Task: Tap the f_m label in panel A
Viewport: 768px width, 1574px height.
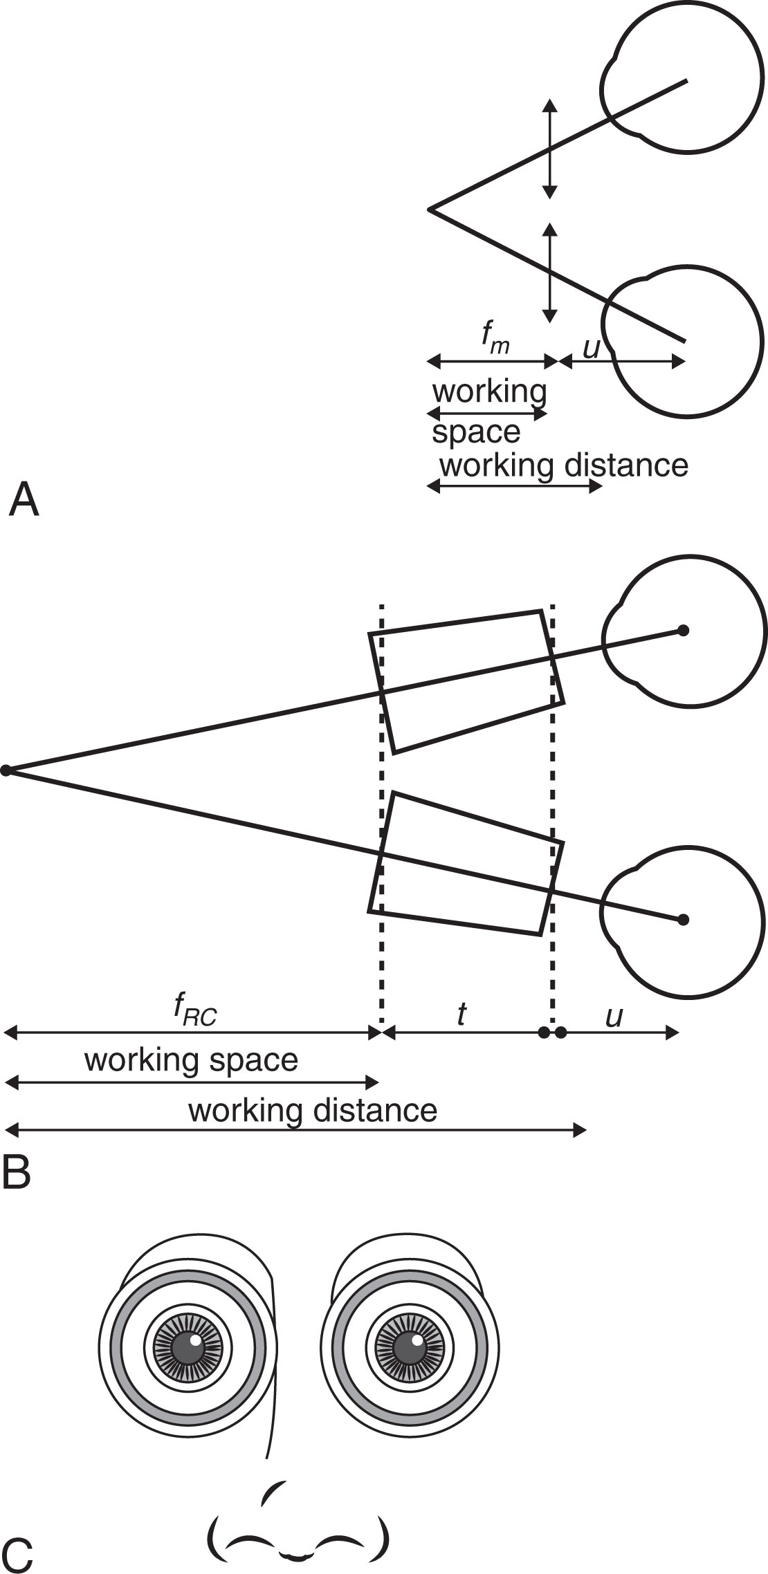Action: pos(495,338)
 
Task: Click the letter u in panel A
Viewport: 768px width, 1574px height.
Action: pos(592,348)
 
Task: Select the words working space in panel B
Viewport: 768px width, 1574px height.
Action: pos(191,1059)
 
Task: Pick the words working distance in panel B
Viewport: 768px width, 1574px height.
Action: pos(313,1111)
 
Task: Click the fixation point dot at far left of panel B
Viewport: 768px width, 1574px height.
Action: pos(6,770)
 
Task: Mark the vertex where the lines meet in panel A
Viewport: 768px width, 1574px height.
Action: pos(430,209)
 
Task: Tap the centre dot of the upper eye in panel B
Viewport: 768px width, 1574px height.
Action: pos(683,631)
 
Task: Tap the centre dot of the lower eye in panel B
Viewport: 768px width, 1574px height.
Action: pos(683,920)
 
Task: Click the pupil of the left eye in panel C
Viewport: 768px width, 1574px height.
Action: pos(187,1347)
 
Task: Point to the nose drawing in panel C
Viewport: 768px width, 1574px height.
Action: pos(298,1528)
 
